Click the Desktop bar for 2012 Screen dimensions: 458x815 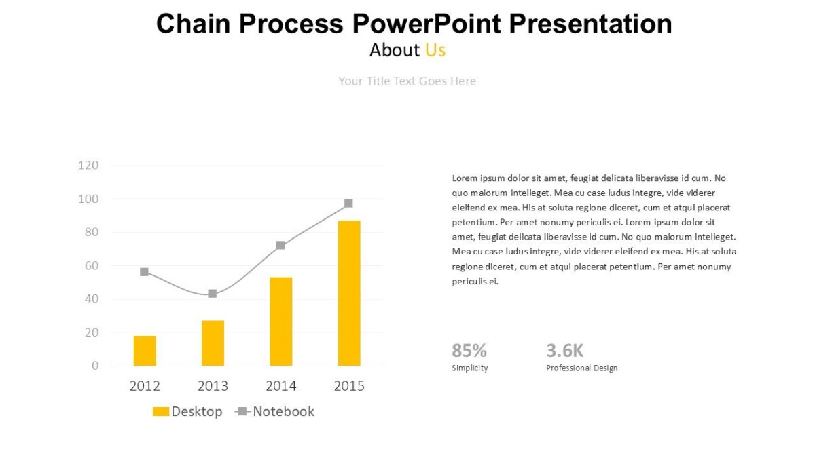(x=145, y=351)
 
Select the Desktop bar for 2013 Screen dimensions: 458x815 (x=213, y=343)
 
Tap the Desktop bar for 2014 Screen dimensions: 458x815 (x=280, y=322)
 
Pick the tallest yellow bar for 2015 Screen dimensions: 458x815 (x=349, y=293)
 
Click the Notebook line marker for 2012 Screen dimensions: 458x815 (x=144, y=272)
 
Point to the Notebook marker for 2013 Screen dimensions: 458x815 (x=213, y=294)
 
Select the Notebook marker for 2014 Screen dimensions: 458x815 (x=280, y=246)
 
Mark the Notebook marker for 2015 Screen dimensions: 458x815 (x=348, y=204)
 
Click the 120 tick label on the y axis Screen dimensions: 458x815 (x=88, y=165)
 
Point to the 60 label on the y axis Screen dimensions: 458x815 (x=91, y=265)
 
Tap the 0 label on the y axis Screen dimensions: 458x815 (x=95, y=366)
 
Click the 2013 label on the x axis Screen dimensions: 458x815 (x=213, y=386)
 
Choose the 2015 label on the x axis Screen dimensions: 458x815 (x=349, y=386)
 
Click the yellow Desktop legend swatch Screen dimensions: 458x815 (x=160, y=412)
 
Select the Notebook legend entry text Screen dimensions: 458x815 (x=283, y=411)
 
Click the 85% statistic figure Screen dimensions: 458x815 (x=469, y=351)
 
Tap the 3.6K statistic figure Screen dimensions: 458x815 (x=564, y=351)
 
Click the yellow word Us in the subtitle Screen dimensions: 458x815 (x=435, y=50)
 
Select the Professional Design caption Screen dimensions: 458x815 (x=581, y=368)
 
